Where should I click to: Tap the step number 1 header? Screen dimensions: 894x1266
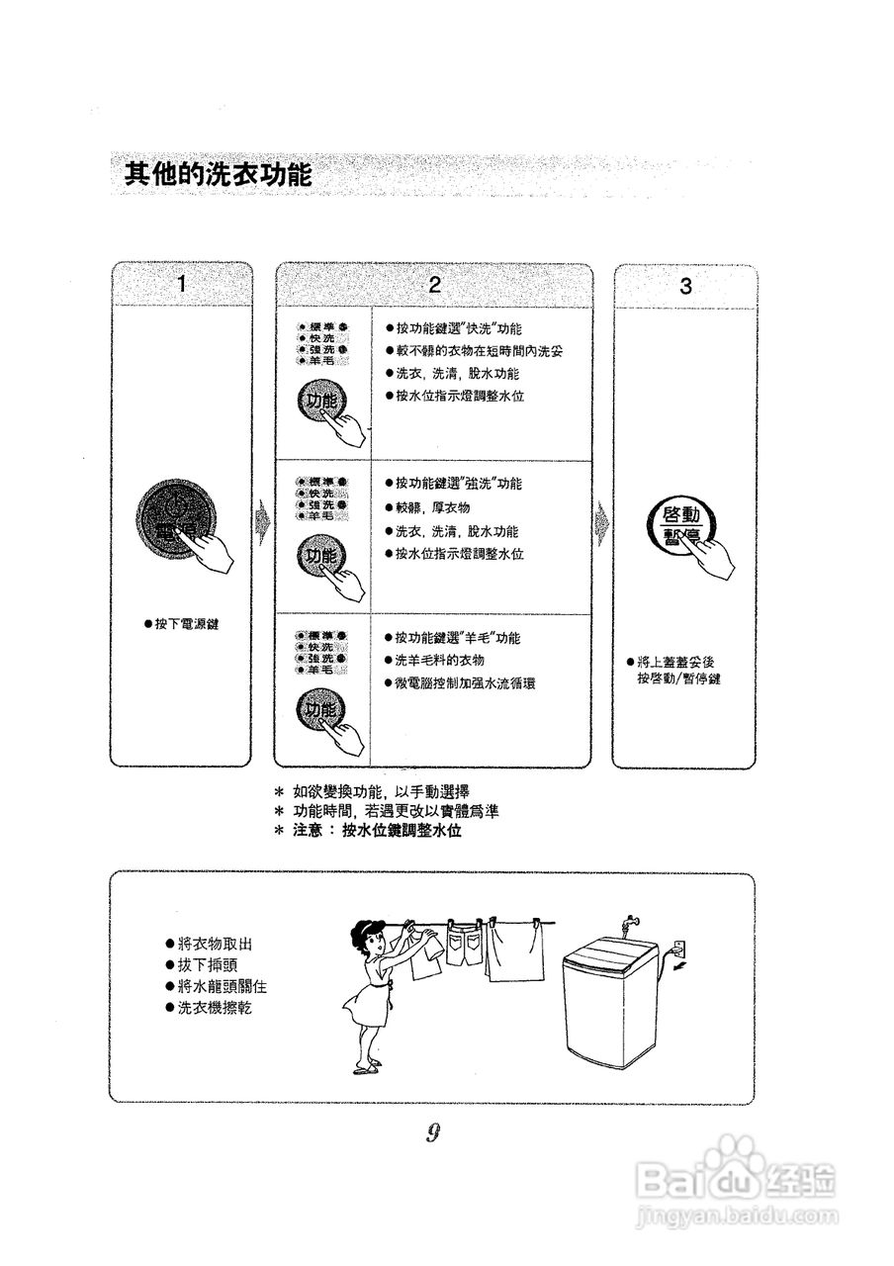181,285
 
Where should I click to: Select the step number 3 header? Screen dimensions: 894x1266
685,287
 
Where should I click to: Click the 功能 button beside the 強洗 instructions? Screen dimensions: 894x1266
321,557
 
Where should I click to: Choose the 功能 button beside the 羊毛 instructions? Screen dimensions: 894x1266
321,710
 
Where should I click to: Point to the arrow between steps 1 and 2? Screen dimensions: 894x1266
263,521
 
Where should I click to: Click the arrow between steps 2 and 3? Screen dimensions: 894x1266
602,521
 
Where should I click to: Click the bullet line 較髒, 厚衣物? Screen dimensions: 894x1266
432,507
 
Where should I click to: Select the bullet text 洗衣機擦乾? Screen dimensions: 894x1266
214,1008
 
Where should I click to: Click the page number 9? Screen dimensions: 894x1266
433,1133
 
